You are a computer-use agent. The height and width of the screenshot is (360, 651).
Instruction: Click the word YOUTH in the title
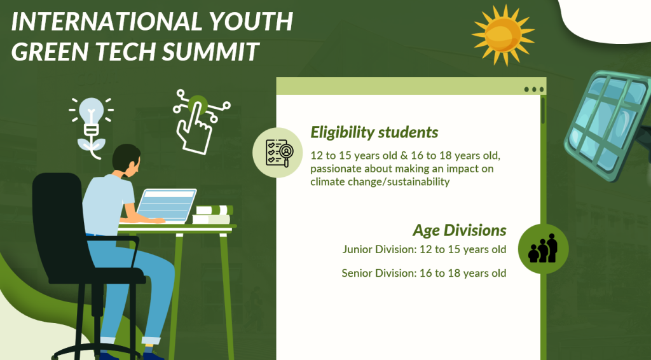tap(250, 21)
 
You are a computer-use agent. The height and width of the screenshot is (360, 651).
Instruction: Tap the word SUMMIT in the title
tap(210, 51)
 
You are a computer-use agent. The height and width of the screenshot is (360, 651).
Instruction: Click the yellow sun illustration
tap(504, 35)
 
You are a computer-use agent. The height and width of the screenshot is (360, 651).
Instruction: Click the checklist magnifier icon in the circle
tap(279, 153)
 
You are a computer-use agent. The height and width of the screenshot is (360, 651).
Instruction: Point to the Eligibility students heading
tap(374, 132)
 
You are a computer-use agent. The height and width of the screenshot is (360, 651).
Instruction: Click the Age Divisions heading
tap(459, 230)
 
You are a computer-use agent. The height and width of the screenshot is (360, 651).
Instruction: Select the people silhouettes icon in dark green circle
tap(543, 248)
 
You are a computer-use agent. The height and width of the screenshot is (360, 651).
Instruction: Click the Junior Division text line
tap(424, 249)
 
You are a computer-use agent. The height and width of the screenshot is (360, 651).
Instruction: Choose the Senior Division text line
tap(424, 273)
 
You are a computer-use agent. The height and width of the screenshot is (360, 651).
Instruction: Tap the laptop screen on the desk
tap(166, 205)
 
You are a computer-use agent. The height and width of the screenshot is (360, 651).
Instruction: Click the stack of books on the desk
tap(212, 215)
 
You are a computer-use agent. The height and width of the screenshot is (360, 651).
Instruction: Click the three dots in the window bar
tap(534, 89)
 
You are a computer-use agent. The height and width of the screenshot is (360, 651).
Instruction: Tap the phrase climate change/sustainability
tap(380, 182)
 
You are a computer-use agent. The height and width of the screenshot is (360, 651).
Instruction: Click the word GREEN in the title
tap(52, 51)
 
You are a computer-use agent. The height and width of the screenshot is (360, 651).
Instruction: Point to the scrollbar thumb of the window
tap(543, 111)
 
